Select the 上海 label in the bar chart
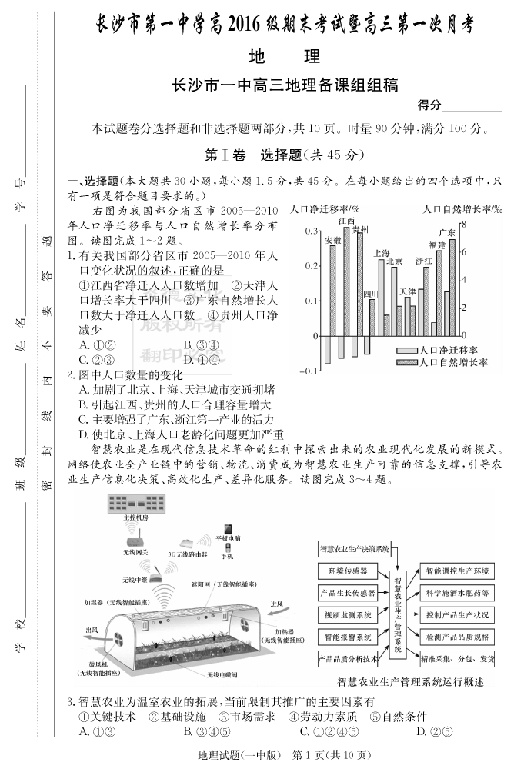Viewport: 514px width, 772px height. [381, 253]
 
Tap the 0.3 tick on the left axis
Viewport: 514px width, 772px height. [310, 231]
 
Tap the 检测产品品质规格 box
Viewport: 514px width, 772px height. [455, 637]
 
